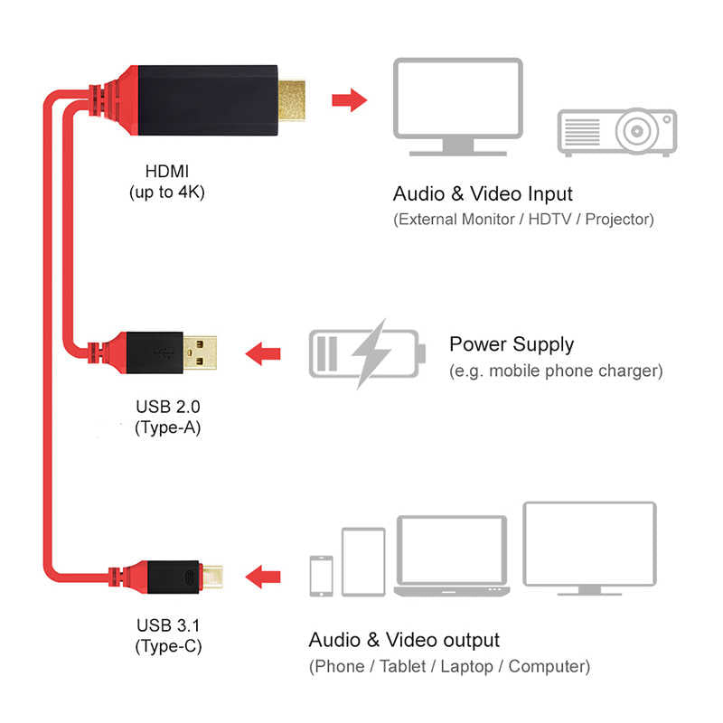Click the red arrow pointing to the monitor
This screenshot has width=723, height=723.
pos(347,99)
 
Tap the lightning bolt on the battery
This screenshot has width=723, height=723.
pos(366,352)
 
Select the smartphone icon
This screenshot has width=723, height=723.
pos(320,575)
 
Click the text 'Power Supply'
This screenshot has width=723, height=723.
pos(511,344)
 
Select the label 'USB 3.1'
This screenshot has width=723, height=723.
pos(167,624)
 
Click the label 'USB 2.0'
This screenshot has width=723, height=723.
pos(167,407)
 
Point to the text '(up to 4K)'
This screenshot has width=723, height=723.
pos(168,191)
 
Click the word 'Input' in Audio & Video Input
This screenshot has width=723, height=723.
pos(548,193)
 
